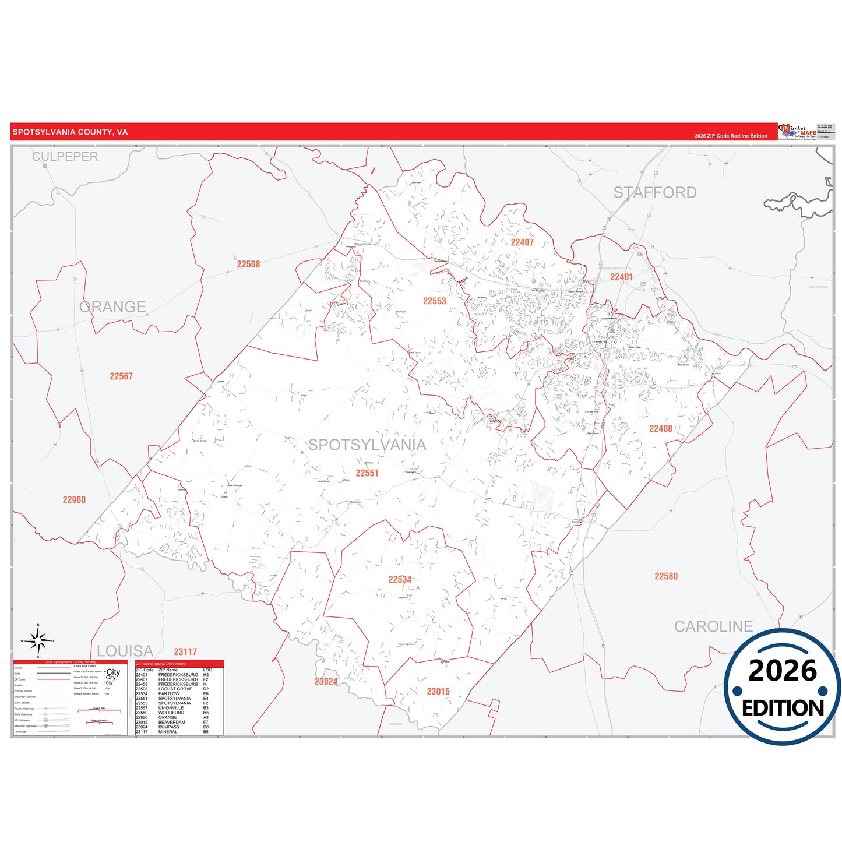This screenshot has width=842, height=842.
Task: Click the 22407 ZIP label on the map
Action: coord(522,242)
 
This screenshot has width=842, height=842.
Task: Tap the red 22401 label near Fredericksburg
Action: coord(621,277)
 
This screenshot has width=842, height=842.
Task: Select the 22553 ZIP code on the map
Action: coord(434,301)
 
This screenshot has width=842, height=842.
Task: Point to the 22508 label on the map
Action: coord(248,264)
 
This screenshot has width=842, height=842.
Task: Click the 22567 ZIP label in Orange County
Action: coord(121,376)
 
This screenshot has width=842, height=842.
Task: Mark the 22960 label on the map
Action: coord(74,500)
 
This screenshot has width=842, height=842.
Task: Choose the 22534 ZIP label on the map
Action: coord(400,579)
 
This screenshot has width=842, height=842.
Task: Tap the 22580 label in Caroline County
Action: coord(666,576)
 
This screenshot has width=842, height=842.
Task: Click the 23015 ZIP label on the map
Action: coord(438,692)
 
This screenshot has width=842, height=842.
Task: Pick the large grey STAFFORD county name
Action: coord(655,193)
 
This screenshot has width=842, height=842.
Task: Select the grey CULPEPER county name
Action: coord(65,157)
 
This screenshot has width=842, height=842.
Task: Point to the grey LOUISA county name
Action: coord(125,651)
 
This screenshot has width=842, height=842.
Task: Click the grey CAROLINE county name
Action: coord(713,626)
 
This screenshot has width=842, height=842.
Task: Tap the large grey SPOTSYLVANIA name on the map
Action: coord(367,445)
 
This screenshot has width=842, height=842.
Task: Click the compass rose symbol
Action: coord(38,641)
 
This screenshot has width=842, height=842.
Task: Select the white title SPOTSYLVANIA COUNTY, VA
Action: coord(70,132)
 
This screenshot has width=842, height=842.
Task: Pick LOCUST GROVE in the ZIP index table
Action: coord(175,689)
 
